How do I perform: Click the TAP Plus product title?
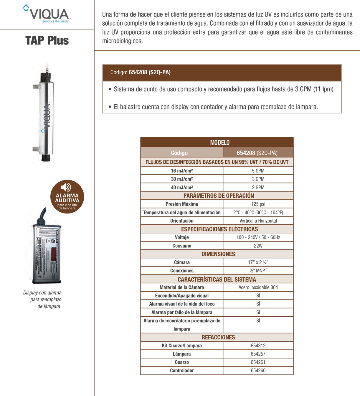point(47,40)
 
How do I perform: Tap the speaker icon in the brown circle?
point(66,187)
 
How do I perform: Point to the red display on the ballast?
point(54,254)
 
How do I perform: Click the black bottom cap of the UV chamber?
point(45,157)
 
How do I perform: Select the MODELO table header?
point(220,142)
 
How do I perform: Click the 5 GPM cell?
point(258,171)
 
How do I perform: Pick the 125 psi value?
point(258,204)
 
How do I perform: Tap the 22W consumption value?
point(258,246)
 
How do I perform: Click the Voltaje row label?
point(182,237)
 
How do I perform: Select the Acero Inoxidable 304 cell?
point(258,287)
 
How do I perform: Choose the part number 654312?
point(258,346)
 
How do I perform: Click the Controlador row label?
point(182,370)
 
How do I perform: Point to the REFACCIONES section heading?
point(218,337)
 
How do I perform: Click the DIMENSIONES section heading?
point(218,254)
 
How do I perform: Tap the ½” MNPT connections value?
point(258,270)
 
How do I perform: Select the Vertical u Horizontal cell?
point(258,221)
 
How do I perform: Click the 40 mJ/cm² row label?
point(182,187)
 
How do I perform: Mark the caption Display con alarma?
point(42,293)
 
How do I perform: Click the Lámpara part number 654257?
point(258,354)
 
